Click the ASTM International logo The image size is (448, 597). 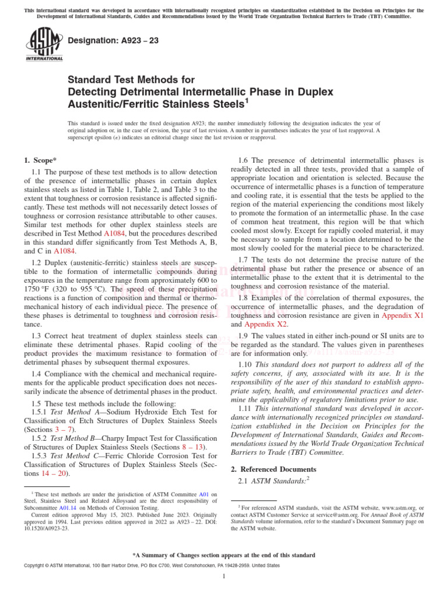[44, 45]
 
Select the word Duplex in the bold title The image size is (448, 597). [314, 92]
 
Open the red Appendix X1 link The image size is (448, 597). [402, 315]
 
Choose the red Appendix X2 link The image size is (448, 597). [264, 324]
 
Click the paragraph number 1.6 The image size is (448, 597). [245, 160]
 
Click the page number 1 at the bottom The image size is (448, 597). [224, 576]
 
